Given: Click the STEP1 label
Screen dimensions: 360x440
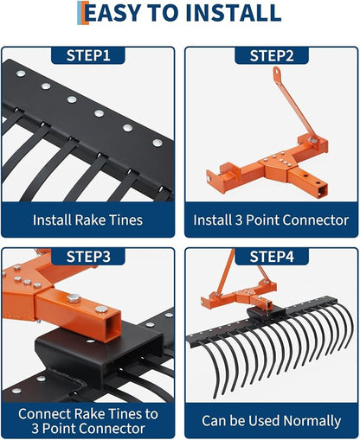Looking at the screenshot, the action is [88, 55].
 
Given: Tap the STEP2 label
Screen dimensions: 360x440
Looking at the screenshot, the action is [272, 55].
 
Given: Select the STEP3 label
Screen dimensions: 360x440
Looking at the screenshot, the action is [88, 257].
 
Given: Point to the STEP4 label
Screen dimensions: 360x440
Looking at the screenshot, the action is [272, 257].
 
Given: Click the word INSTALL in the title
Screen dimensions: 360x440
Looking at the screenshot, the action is [234, 13].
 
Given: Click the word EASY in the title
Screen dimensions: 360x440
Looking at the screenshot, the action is [113, 13].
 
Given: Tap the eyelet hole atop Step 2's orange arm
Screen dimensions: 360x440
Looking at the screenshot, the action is [277, 72].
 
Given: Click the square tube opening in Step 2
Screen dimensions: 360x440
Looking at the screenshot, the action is [322, 192].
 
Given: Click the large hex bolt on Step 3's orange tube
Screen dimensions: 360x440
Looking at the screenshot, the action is [74, 298].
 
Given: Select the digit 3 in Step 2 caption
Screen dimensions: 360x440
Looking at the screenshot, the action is [238, 220].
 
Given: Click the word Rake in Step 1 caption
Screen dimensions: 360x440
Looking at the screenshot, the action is [90, 220].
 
